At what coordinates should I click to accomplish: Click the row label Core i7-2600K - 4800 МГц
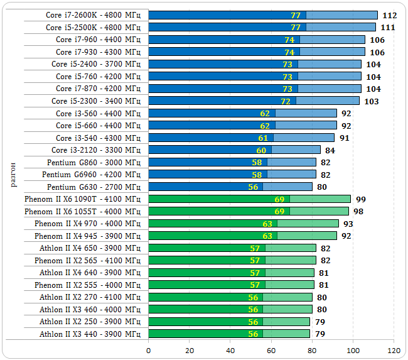click(93, 15)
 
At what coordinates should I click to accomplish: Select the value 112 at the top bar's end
click(389, 15)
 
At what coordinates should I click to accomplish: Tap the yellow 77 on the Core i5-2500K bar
click(296, 28)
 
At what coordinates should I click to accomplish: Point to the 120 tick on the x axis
click(394, 350)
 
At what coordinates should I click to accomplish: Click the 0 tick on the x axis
click(149, 350)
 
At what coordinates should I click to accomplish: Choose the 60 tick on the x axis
click(272, 350)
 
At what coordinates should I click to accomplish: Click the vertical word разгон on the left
click(14, 174)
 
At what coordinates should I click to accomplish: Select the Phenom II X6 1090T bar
click(249, 199)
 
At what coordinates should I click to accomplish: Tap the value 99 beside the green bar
click(360, 199)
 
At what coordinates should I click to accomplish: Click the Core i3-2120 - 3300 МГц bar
click(234, 150)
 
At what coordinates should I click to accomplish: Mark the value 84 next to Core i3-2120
click(330, 150)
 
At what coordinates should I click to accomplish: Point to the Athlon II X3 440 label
click(90, 334)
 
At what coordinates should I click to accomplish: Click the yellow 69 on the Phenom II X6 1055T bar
click(279, 211)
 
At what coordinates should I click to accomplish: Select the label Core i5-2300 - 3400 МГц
click(96, 101)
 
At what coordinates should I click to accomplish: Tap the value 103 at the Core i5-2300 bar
click(372, 101)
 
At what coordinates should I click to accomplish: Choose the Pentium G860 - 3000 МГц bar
click(232, 162)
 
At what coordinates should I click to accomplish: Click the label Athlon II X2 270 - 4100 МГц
click(90, 297)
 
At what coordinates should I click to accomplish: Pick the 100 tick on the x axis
click(353, 350)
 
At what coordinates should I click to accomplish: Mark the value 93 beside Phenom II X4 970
click(348, 224)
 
